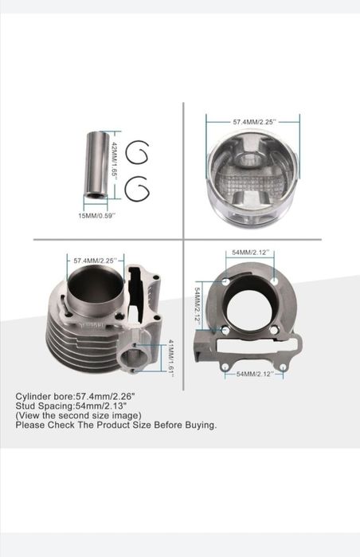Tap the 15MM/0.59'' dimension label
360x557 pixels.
(x=97, y=215)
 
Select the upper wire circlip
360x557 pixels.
(x=137, y=153)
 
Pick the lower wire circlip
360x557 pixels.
(x=137, y=189)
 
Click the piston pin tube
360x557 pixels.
(x=95, y=166)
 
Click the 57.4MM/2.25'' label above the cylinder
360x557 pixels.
(x=95, y=261)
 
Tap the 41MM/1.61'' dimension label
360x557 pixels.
(x=170, y=358)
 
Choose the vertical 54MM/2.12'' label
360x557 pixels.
(x=198, y=304)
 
